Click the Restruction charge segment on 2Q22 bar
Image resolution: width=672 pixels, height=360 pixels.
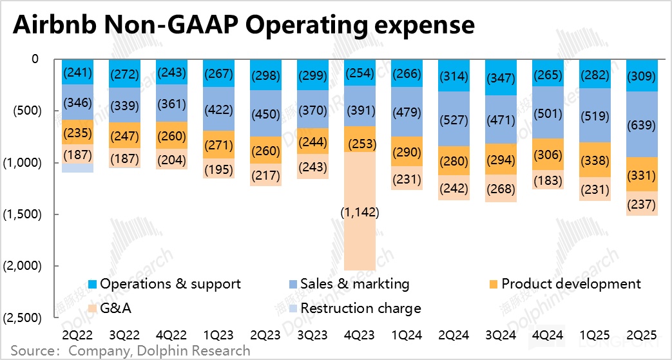78,167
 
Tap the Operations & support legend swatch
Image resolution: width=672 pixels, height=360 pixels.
93,284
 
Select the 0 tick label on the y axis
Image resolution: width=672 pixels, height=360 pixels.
35,60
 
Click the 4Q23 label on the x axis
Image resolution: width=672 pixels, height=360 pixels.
361,336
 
